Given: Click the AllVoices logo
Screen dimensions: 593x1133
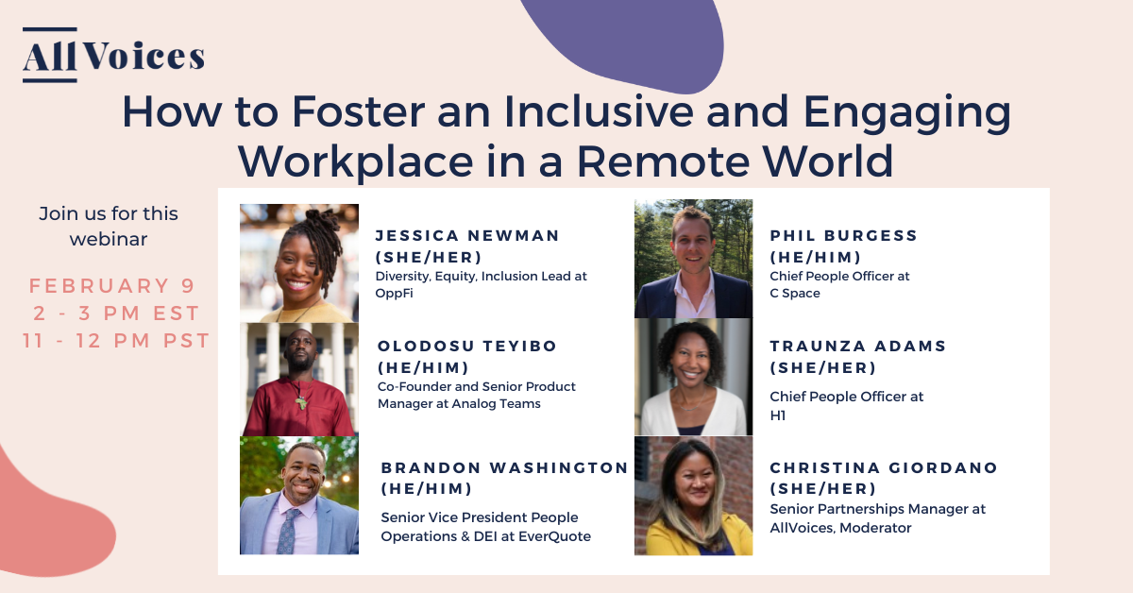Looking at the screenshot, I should pos(113,56).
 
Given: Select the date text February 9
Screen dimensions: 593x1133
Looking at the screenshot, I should pos(112,286).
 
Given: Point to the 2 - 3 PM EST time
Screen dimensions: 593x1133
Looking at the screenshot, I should pos(115,313).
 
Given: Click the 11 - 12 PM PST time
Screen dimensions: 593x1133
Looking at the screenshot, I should pos(115,341).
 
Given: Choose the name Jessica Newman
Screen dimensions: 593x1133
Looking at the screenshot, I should pos(467,235).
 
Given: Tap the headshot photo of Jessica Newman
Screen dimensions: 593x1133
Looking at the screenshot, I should pos(299,263).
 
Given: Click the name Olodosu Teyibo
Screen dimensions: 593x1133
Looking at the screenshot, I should pos(467,346).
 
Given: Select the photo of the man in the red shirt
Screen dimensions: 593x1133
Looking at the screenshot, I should pos(299,380).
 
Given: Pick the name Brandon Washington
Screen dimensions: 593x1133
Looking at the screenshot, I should pos(504,467).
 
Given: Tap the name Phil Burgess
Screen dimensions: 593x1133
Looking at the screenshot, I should pos(843,235).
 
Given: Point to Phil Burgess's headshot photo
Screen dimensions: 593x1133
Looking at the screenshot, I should pos(693,259).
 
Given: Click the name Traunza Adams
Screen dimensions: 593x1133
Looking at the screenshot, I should pos(857,347).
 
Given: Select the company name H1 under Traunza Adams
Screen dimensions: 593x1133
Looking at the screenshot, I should pos(778,415).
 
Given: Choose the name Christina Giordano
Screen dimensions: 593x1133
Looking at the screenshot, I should pos(884,467).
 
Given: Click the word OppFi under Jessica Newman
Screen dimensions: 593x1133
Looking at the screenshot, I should pos(395,294).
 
